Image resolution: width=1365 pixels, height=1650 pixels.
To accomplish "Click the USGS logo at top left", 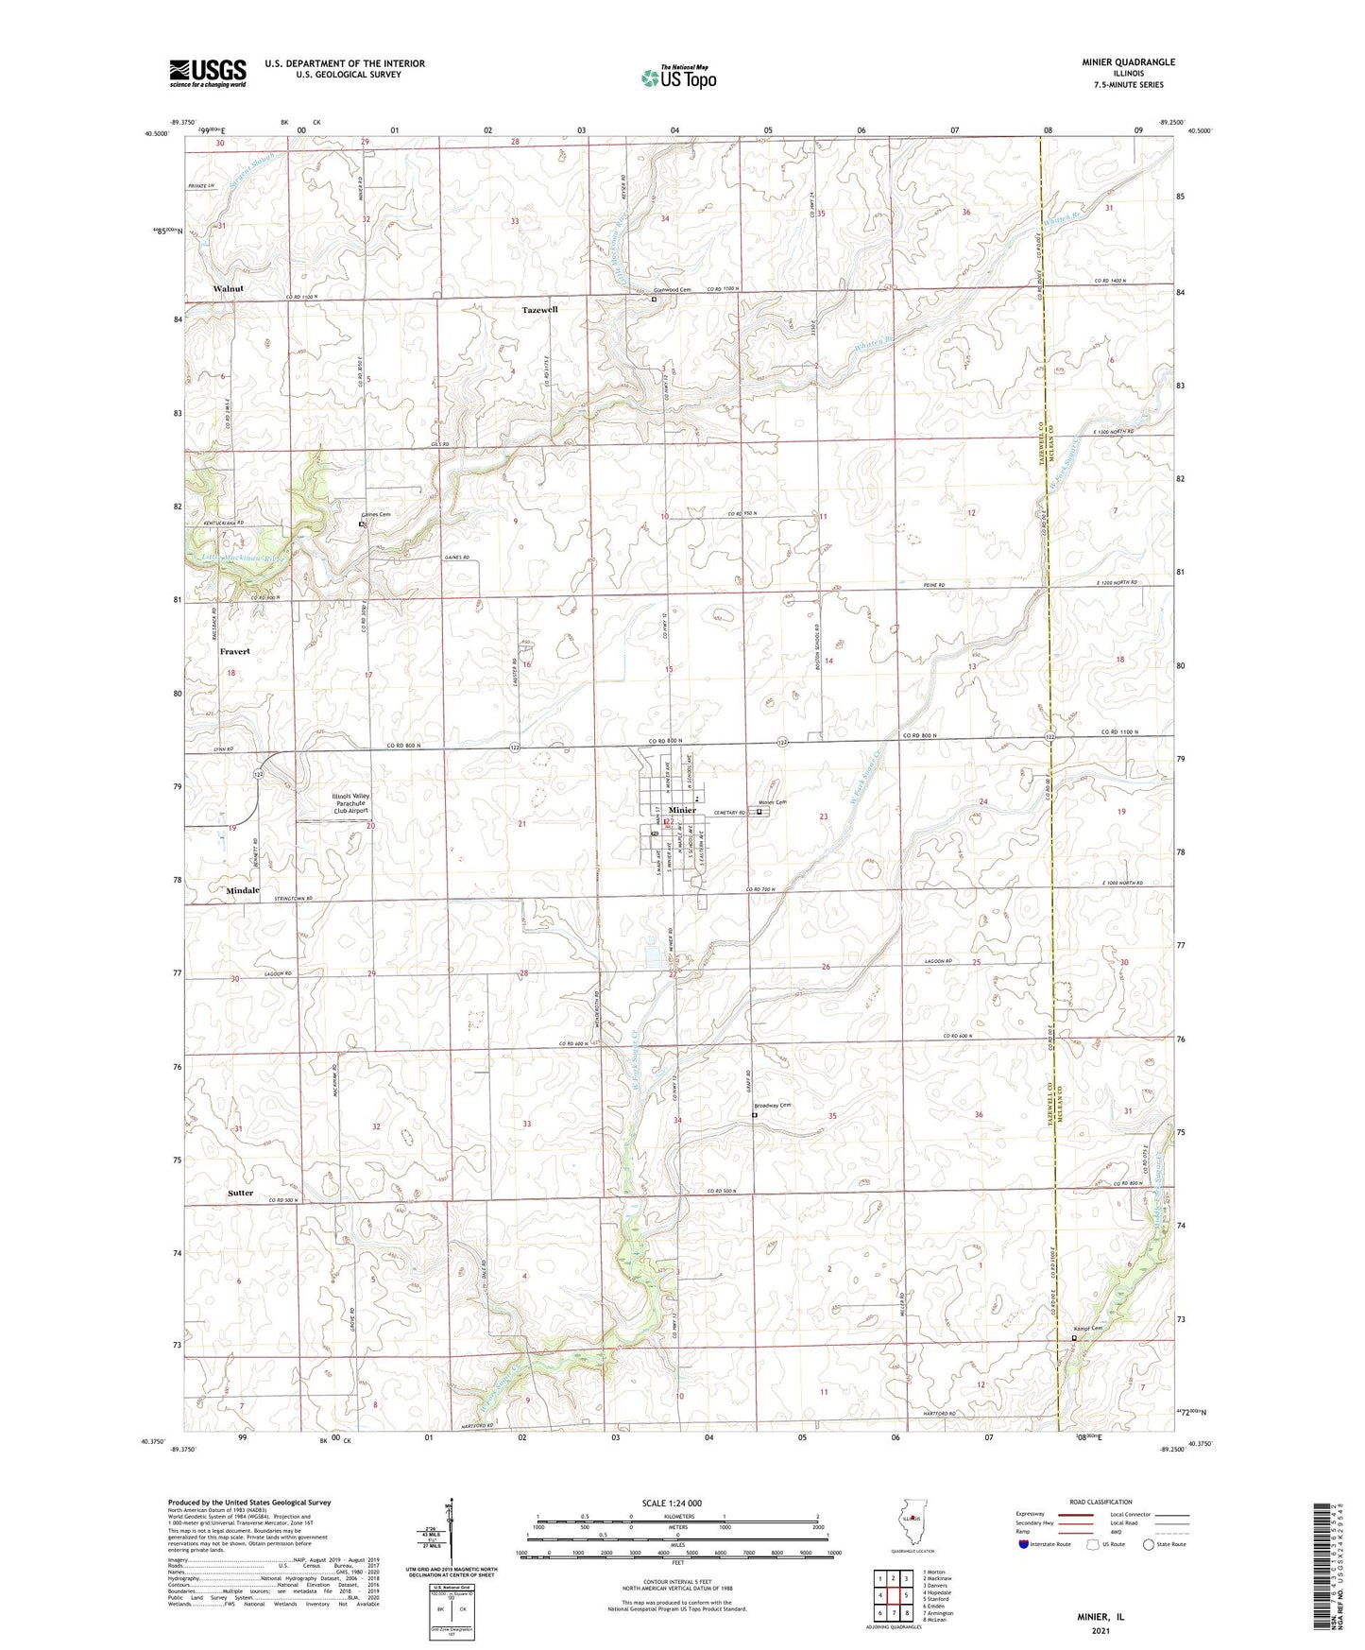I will (x=207, y=73).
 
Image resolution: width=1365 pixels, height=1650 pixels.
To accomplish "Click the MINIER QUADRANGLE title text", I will (x=1128, y=62).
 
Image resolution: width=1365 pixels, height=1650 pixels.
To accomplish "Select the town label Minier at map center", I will (x=682, y=810).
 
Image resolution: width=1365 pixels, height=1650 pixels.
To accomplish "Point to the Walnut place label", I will (x=228, y=288).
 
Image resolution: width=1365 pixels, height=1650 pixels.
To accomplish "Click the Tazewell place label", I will (x=539, y=310).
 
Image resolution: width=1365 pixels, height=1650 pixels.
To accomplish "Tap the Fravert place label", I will (x=234, y=652).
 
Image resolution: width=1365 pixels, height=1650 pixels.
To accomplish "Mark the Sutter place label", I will (x=240, y=1193).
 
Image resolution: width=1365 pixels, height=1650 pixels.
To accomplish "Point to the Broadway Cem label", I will (x=772, y=1106).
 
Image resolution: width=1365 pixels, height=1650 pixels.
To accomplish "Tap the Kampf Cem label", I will (x=1086, y=1328).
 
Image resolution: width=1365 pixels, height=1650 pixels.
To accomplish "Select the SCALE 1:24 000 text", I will (x=676, y=1503).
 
